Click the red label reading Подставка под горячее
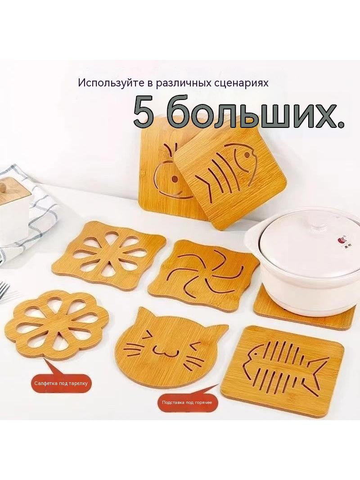click(187, 402)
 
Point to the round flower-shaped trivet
click(57, 325)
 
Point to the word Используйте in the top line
click(113, 83)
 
